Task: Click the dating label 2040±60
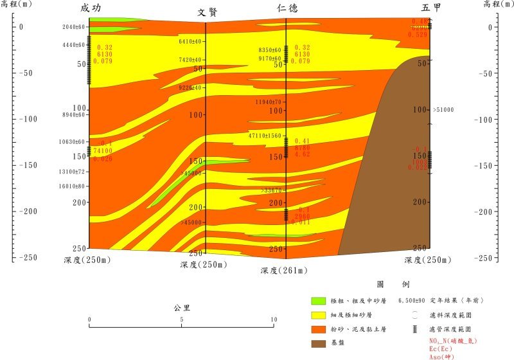click(x=74, y=28)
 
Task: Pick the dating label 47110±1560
click(x=265, y=136)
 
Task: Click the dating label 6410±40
click(x=190, y=42)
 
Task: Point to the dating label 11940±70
click(x=269, y=102)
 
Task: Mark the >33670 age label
click(x=272, y=190)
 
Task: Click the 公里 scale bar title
click(x=182, y=307)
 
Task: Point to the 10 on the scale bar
click(x=274, y=319)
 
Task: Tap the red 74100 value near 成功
click(x=103, y=150)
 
